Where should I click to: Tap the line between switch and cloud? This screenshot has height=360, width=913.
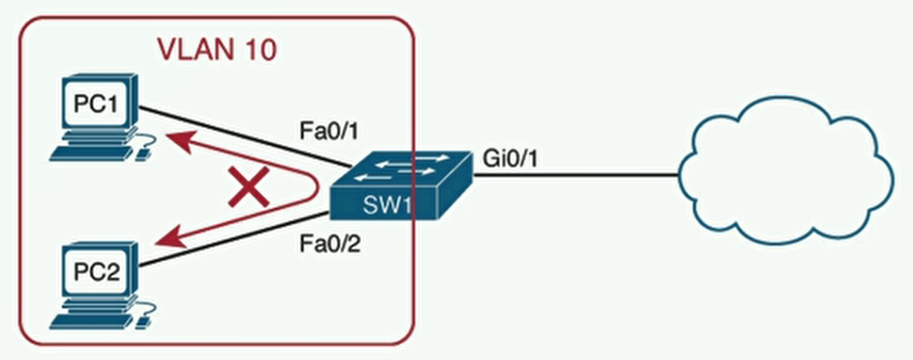point(573,175)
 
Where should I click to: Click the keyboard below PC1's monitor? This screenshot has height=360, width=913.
point(88,153)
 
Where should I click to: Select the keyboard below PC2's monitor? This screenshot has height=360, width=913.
point(88,316)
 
